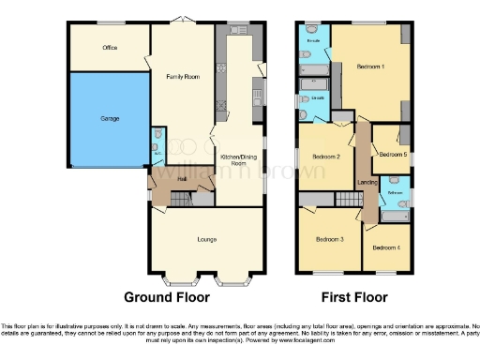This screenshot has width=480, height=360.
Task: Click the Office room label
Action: click(x=110, y=46)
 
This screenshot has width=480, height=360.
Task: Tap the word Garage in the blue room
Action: click(x=110, y=120)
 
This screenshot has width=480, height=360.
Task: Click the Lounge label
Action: click(x=206, y=240)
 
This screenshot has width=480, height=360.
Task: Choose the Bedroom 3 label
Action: click(x=329, y=240)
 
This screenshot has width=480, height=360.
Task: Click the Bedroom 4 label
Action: click(x=385, y=247)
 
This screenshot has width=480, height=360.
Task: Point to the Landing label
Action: click(x=368, y=183)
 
